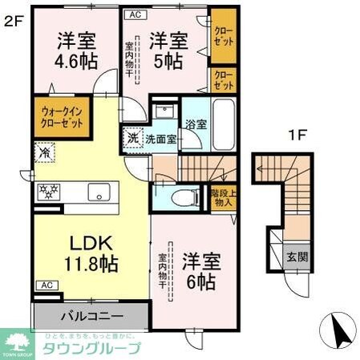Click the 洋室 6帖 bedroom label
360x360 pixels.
click(x=200, y=270)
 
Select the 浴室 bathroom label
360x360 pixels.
click(x=195, y=125)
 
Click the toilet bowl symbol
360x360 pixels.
click(x=175, y=197)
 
